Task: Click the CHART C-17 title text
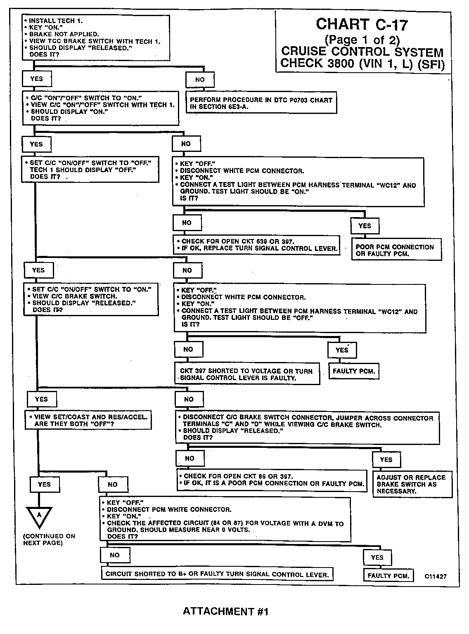(x=362, y=25)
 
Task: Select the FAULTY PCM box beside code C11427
(x=388, y=576)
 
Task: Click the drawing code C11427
(x=436, y=577)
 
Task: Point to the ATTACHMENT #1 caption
(x=225, y=611)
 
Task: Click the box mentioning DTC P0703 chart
(x=261, y=103)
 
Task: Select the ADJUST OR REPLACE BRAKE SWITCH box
(x=412, y=484)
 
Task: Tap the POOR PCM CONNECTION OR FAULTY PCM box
(x=395, y=250)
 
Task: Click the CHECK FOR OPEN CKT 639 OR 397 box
(x=256, y=245)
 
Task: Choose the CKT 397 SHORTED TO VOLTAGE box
(x=247, y=374)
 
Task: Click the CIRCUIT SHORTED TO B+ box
(x=217, y=574)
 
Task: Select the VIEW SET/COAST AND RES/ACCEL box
(x=88, y=420)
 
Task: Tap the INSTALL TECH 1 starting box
(x=96, y=37)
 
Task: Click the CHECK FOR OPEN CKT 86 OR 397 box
(x=272, y=480)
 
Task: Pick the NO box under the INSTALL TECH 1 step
(x=200, y=80)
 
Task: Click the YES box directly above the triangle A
(x=44, y=484)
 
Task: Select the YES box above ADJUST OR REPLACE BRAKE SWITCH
(x=386, y=459)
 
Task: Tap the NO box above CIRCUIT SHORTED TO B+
(x=115, y=555)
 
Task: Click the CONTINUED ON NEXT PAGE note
(x=49, y=539)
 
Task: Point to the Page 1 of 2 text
(x=362, y=40)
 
